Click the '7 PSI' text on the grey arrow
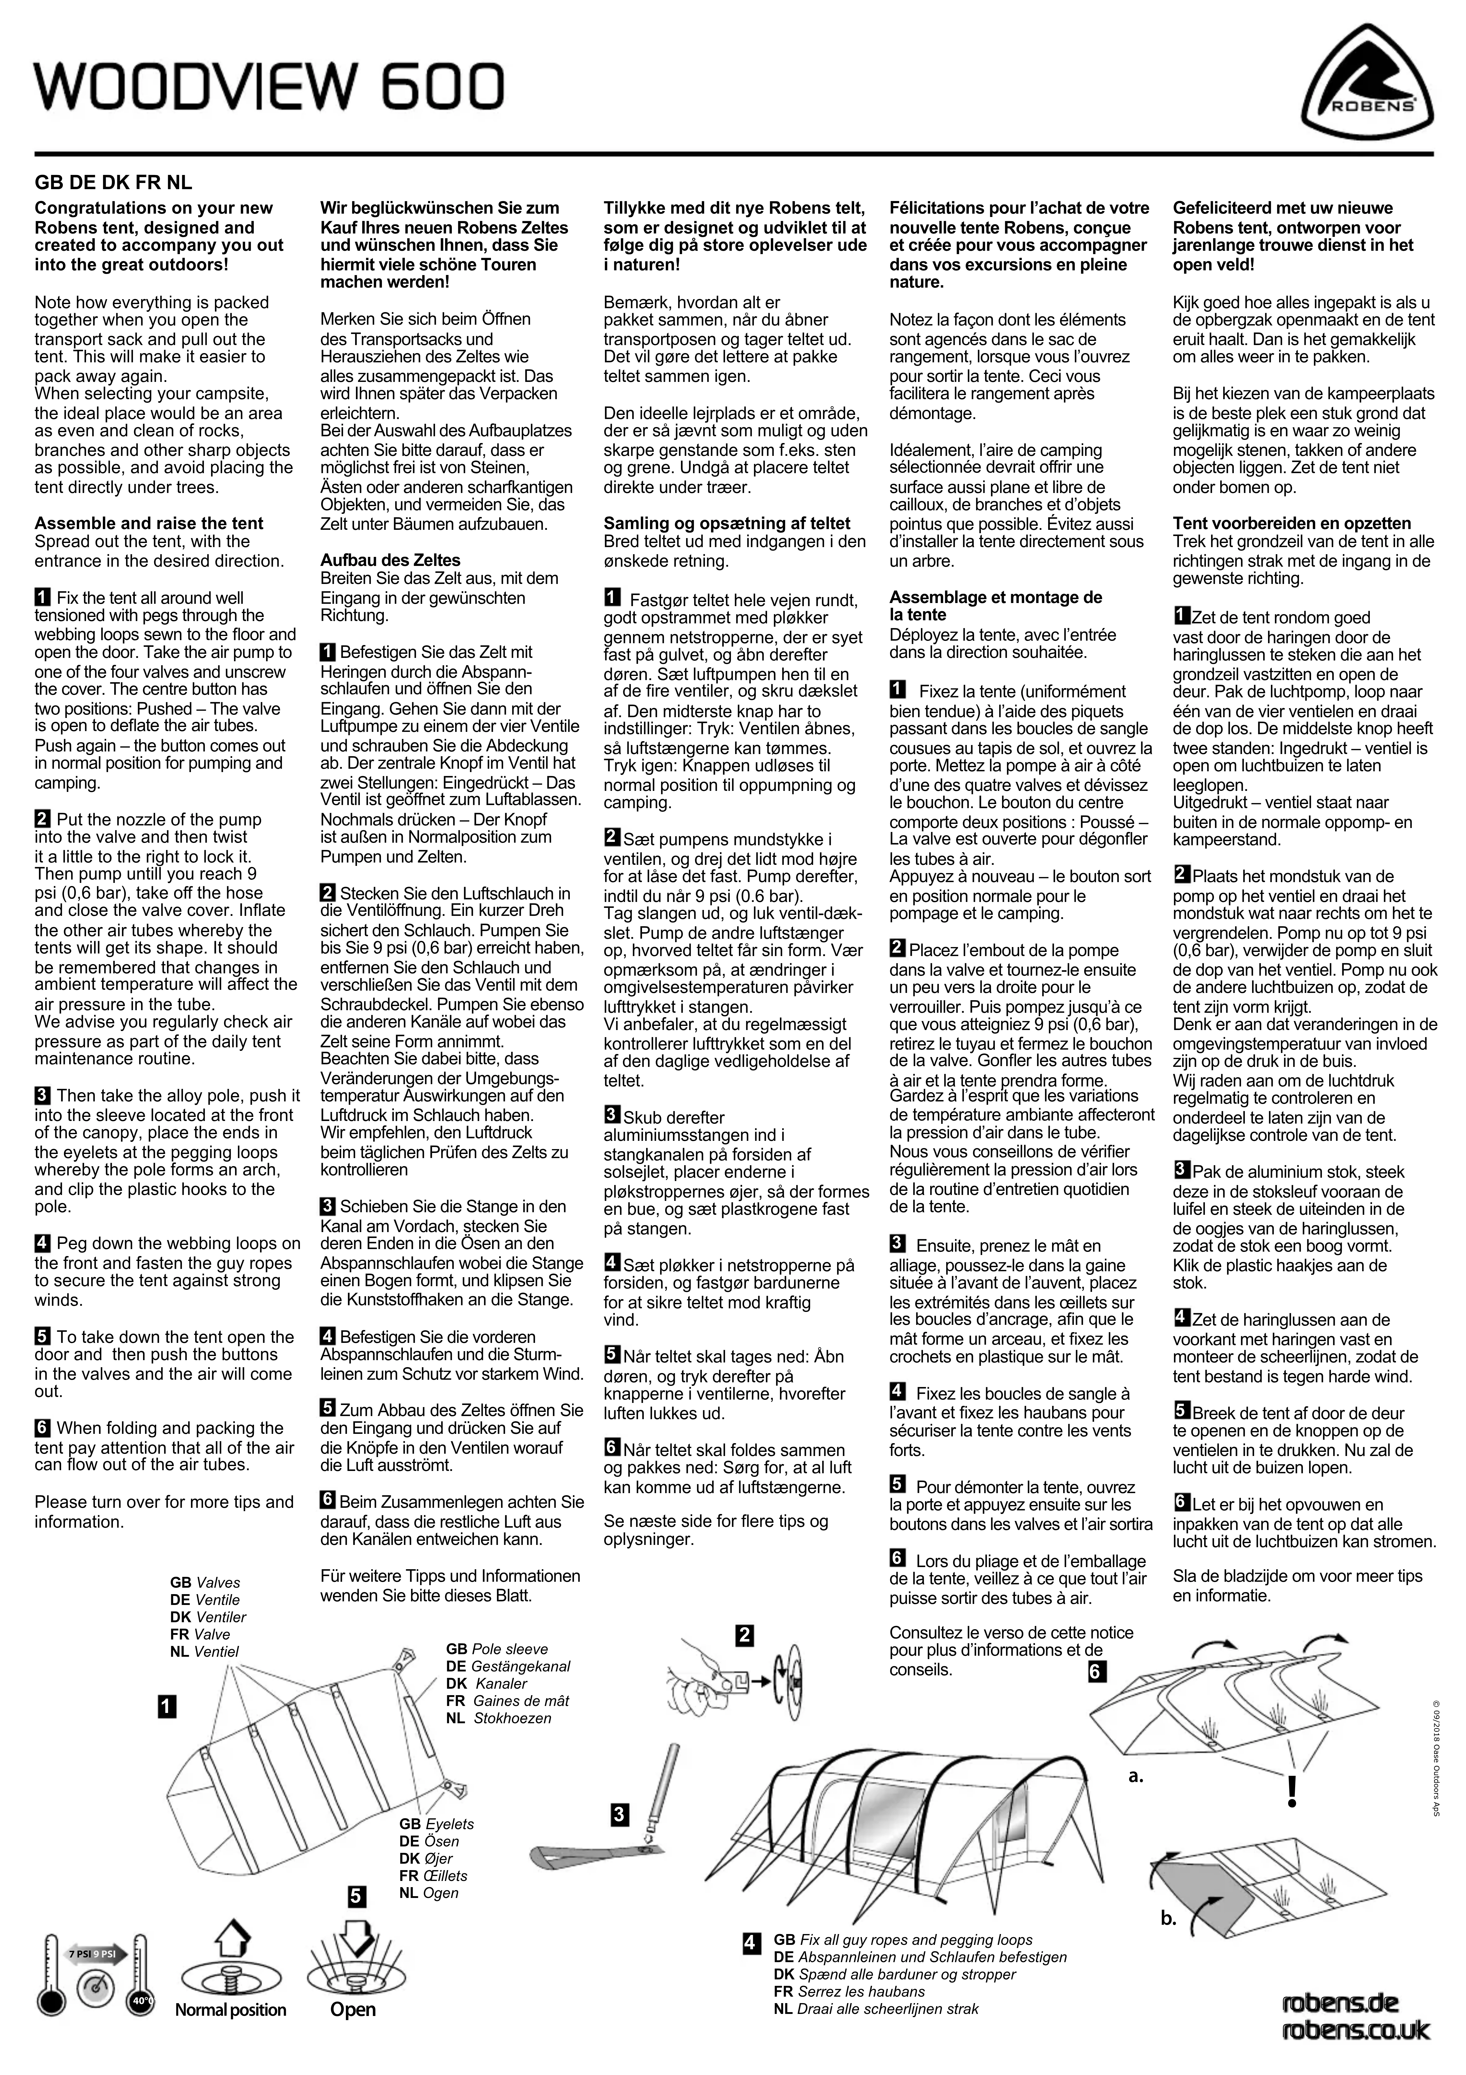79,1955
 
